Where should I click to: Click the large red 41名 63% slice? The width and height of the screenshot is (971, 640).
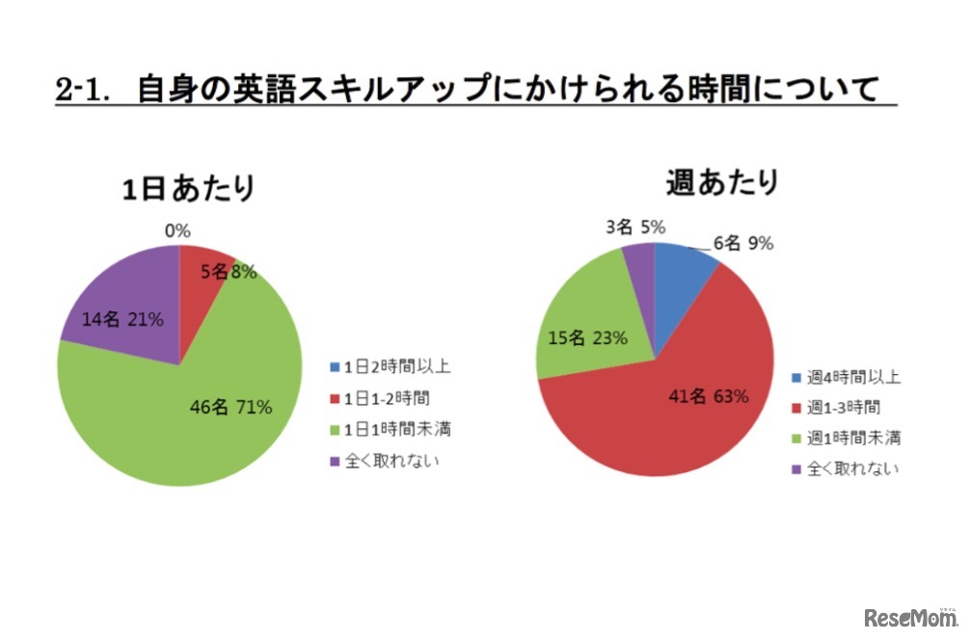[x=675, y=414]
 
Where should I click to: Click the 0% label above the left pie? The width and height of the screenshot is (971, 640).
[x=178, y=230]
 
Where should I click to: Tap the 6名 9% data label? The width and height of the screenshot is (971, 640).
[x=743, y=244]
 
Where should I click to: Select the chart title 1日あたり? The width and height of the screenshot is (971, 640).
[x=188, y=187]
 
